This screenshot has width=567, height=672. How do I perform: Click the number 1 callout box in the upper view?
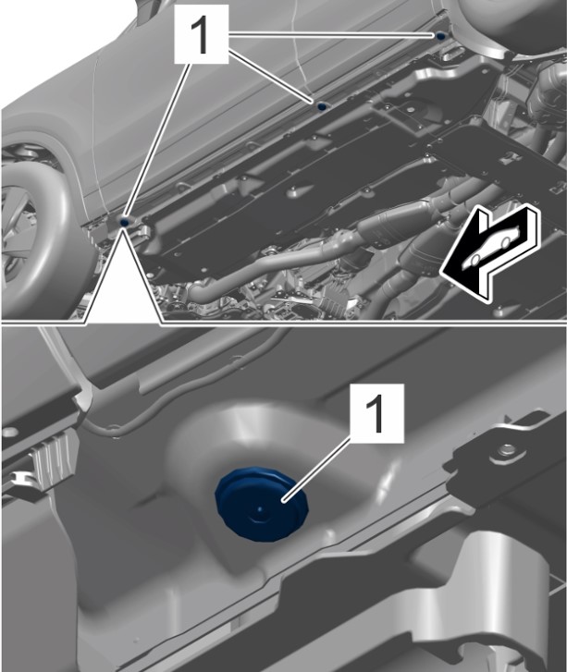coord(201,34)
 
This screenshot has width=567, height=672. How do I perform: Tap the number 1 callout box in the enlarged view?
coord(377,413)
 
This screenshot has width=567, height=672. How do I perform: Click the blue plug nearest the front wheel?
coord(125,222)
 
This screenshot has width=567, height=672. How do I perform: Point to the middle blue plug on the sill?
coord(321,106)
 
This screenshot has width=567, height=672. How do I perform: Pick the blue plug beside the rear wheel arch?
coord(440,36)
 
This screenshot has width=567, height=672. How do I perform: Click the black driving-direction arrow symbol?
coord(490,253)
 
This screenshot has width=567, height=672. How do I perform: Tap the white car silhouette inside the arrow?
coord(491,248)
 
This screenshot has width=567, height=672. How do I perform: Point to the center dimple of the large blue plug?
coord(260,508)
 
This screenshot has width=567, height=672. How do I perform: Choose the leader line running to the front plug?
coord(156,141)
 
